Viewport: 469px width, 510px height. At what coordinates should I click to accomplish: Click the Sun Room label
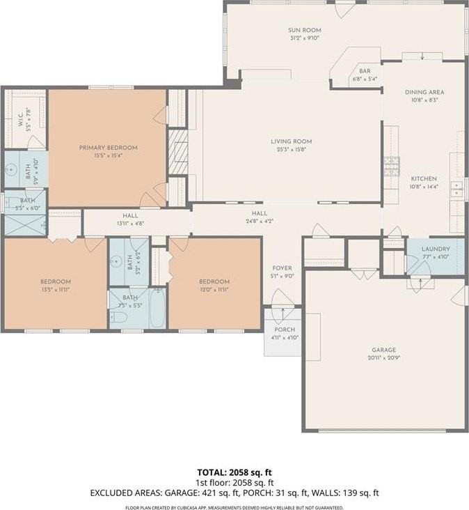(x=305, y=30)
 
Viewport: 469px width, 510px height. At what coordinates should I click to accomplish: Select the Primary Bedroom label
(x=108, y=147)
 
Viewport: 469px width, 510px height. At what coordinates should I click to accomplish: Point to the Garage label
(x=383, y=350)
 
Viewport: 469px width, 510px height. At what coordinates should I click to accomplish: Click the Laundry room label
(x=436, y=249)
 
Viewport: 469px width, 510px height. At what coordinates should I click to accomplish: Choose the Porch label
(x=285, y=330)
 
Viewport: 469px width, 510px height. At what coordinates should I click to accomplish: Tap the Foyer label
(x=282, y=268)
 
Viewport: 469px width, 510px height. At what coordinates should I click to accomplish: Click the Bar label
(x=365, y=71)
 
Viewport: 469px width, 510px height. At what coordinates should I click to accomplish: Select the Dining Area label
(x=424, y=92)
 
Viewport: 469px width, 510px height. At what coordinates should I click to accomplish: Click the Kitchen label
(x=423, y=178)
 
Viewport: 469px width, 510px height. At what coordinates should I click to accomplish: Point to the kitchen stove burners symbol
(x=390, y=167)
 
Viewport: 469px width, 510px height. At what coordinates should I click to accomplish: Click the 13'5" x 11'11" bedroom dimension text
(x=55, y=289)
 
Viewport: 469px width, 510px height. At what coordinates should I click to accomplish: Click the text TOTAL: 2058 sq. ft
(x=234, y=471)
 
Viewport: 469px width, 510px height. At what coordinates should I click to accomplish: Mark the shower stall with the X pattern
(x=25, y=226)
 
